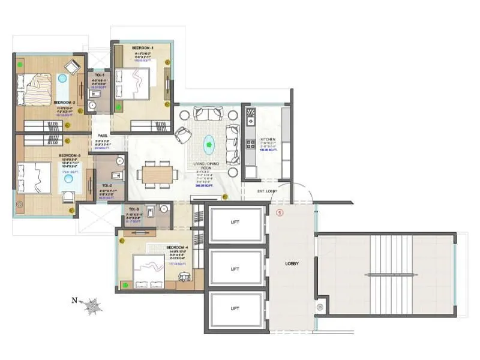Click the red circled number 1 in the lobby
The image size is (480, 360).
pos(279,212)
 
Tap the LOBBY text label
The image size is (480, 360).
pos(292,263)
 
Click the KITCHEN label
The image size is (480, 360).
pos(268,139)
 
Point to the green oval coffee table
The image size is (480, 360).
pos(209,143)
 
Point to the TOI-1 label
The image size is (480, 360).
pos(97,76)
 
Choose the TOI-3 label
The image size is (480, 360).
pos(133,209)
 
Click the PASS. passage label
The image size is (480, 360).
pos(102,136)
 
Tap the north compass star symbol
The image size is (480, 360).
pos(92,306)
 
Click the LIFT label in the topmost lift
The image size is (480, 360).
pos(235,222)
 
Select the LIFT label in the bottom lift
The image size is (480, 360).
pos(235,308)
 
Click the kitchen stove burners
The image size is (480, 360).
pos(250,144)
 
